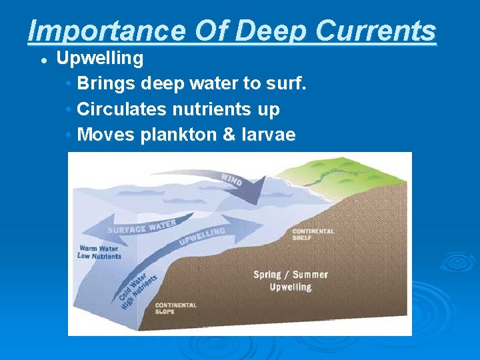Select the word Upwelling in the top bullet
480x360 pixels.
point(99,59)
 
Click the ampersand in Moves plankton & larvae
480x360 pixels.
point(229,135)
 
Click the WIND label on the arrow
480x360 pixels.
point(231,179)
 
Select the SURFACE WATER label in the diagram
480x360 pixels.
point(143,227)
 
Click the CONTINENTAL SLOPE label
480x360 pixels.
point(175,309)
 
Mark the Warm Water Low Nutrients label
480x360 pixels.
point(99,252)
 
